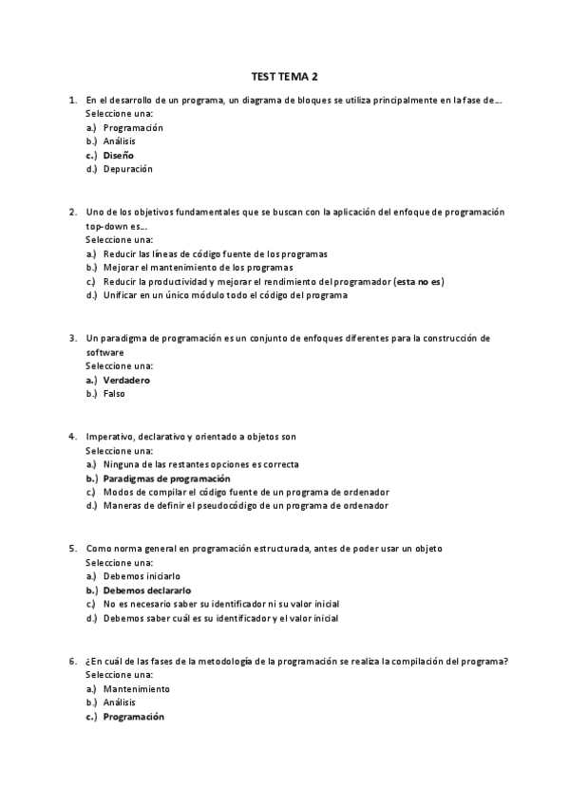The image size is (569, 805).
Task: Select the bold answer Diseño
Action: (x=119, y=155)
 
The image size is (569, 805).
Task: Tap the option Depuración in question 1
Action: (x=128, y=169)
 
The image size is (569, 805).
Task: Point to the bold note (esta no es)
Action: (x=419, y=281)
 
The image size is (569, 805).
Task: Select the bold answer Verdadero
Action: (x=126, y=380)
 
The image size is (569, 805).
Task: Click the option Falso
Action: (x=114, y=393)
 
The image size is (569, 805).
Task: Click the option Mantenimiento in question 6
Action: (x=137, y=688)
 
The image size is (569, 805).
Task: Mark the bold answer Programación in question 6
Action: (x=133, y=717)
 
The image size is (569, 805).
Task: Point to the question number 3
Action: (x=72, y=337)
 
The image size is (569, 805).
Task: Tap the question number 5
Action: (x=72, y=549)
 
